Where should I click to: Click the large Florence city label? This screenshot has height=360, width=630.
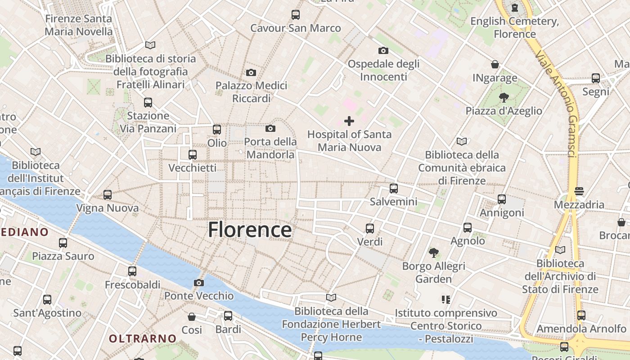250,230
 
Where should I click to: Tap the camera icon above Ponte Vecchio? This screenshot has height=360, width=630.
198,283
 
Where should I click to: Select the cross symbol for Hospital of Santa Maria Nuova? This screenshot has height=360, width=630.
349,121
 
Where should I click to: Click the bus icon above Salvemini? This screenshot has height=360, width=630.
394,189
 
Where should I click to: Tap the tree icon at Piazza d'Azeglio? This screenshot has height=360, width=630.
504,97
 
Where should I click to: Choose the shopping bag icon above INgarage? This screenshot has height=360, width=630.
495,64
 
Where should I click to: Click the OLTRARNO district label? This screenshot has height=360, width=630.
143,338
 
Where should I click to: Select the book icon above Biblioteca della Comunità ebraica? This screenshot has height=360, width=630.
462,141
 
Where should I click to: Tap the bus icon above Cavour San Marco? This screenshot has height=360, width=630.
296,15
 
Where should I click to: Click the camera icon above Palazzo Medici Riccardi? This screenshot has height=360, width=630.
251,72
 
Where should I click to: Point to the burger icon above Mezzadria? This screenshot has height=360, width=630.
579,191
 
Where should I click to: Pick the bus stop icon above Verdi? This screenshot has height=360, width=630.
370,229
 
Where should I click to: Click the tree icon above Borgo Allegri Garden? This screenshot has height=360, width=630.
433,253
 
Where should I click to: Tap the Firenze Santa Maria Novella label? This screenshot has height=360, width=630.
79,25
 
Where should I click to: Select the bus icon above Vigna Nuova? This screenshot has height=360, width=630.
108,195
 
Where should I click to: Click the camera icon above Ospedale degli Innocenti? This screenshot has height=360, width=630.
383,50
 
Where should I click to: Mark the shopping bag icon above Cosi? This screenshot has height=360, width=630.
192,317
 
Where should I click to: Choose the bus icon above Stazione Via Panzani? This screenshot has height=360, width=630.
148,103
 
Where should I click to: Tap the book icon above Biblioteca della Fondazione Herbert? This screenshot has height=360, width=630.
331,297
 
